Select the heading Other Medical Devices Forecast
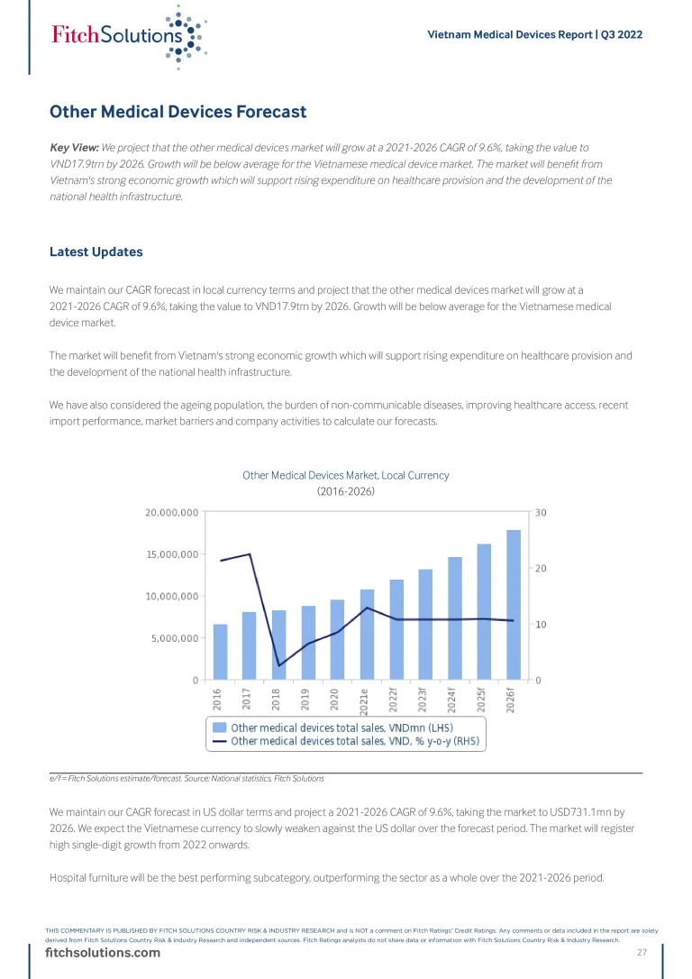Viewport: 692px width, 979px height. point(178,112)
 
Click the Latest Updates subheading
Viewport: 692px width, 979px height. point(96,252)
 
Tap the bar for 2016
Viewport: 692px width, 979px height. point(220,651)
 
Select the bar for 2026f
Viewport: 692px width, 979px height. point(514,604)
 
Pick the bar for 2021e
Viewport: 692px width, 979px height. point(367,634)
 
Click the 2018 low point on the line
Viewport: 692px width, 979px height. point(279,665)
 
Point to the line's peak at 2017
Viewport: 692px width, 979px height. point(250,554)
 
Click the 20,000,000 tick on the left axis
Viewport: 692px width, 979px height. point(171,513)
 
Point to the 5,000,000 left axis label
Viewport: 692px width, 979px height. point(174,638)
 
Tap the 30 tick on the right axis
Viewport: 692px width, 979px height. point(541,513)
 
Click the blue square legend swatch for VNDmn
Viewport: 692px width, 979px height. point(219,727)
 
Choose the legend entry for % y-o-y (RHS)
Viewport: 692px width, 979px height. point(356,741)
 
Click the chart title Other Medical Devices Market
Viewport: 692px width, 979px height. point(345,475)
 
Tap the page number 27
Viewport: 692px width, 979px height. point(642,953)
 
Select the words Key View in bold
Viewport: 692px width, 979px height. point(74,147)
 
